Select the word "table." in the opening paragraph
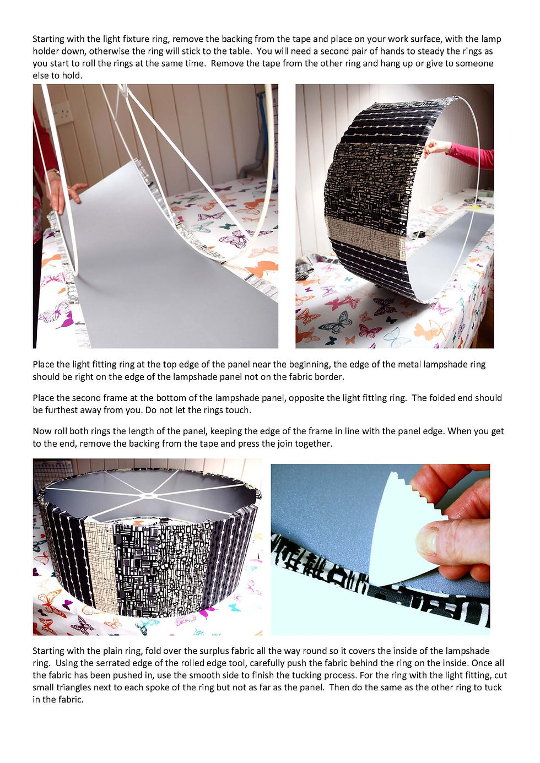point(240,51)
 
